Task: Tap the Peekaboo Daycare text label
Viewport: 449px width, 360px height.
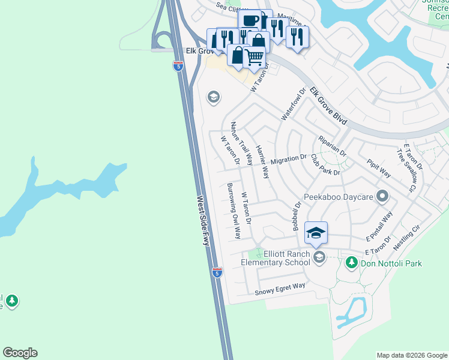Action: (x=338, y=196)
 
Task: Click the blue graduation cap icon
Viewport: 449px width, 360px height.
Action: (x=316, y=232)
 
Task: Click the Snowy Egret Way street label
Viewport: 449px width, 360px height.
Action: (x=280, y=289)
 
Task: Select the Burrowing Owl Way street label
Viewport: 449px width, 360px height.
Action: (x=234, y=211)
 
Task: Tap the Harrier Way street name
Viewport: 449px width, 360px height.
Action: (x=262, y=161)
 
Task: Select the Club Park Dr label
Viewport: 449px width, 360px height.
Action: (x=325, y=164)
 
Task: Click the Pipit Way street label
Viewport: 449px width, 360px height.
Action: (x=378, y=168)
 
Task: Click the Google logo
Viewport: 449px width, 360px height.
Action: (x=20, y=353)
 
